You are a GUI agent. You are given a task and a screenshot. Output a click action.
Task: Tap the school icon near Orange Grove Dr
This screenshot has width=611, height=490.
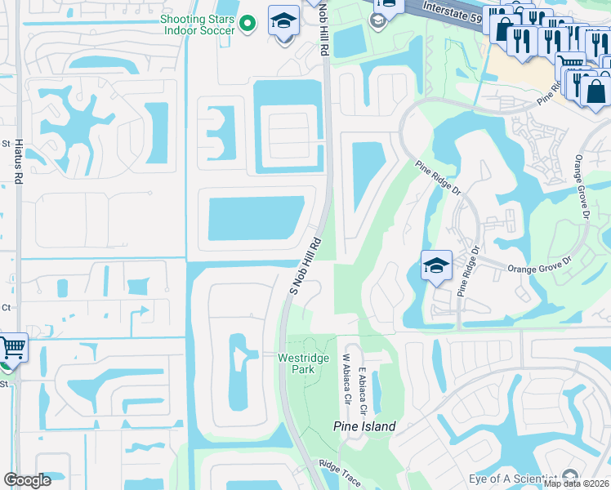[436, 265]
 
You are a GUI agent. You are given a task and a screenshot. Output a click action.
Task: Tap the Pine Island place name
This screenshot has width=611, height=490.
[364, 426]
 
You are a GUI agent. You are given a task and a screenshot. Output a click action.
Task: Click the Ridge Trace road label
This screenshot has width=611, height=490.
[340, 473]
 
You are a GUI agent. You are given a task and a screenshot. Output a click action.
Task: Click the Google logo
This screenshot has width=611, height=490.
[27, 480]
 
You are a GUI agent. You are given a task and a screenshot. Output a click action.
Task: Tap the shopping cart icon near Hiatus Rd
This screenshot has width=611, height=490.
[11, 348]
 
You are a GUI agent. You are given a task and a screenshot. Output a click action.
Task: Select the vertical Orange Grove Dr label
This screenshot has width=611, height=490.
[582, 187]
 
